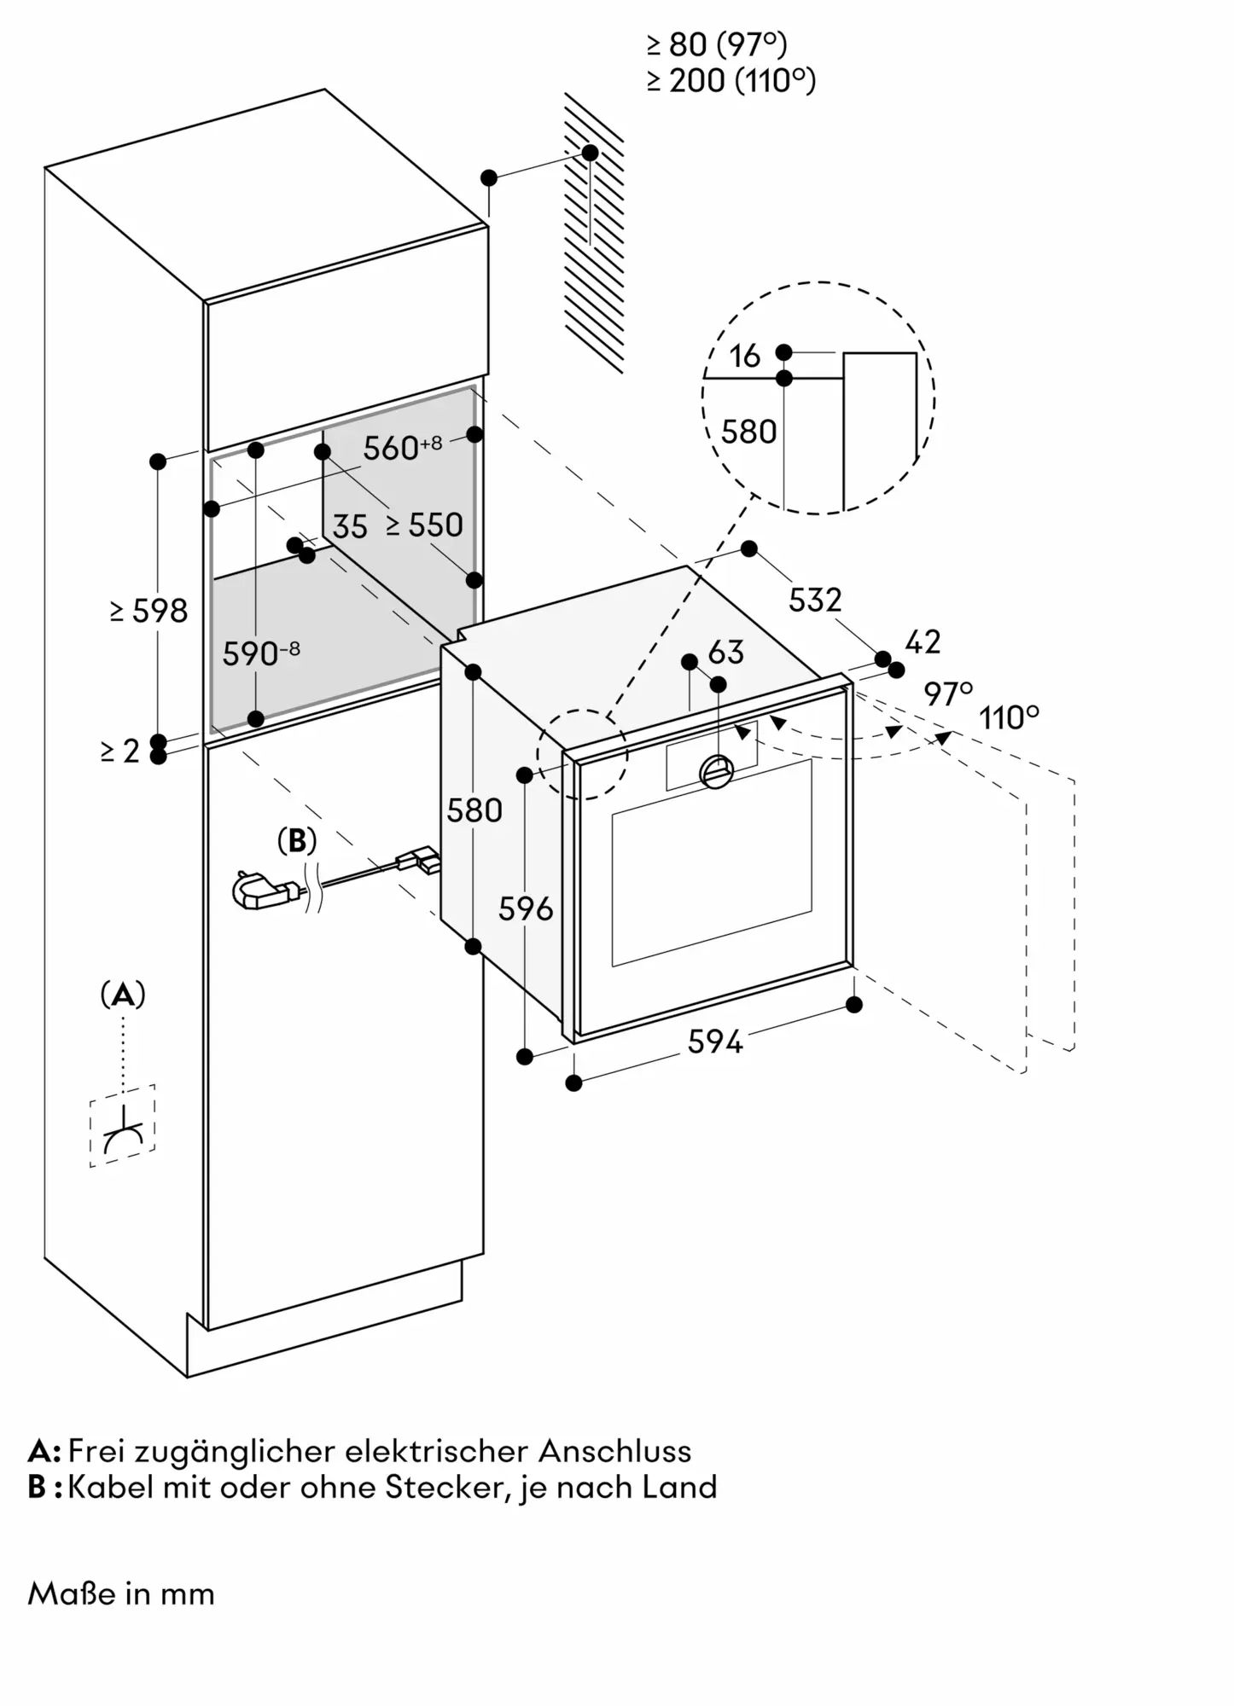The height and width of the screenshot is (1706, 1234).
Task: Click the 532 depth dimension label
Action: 815,601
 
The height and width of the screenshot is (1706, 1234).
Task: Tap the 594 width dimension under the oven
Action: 715,1042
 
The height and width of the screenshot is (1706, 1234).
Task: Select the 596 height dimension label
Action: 526,909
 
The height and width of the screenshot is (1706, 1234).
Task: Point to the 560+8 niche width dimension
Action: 402,447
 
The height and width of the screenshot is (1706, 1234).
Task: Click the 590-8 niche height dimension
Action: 260,653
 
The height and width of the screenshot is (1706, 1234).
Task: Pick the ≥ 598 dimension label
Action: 148,611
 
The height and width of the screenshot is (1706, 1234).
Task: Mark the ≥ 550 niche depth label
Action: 424,525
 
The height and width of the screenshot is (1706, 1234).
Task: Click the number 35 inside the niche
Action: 350,527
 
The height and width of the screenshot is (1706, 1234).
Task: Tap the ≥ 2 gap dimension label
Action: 119,751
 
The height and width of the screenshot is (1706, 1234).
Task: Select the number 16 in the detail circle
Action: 745,357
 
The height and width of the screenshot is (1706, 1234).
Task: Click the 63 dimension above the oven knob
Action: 726,653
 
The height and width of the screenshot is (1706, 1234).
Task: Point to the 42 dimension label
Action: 922,642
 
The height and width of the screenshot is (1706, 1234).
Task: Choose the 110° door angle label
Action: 1010,718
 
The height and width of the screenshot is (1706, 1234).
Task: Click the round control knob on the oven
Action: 716,771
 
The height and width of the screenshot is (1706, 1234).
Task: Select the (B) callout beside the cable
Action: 297,841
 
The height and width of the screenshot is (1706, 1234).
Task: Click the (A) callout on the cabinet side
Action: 123,995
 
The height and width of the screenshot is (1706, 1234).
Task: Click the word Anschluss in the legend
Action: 614,1451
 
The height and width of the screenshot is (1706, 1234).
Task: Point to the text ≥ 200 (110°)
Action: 731,81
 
